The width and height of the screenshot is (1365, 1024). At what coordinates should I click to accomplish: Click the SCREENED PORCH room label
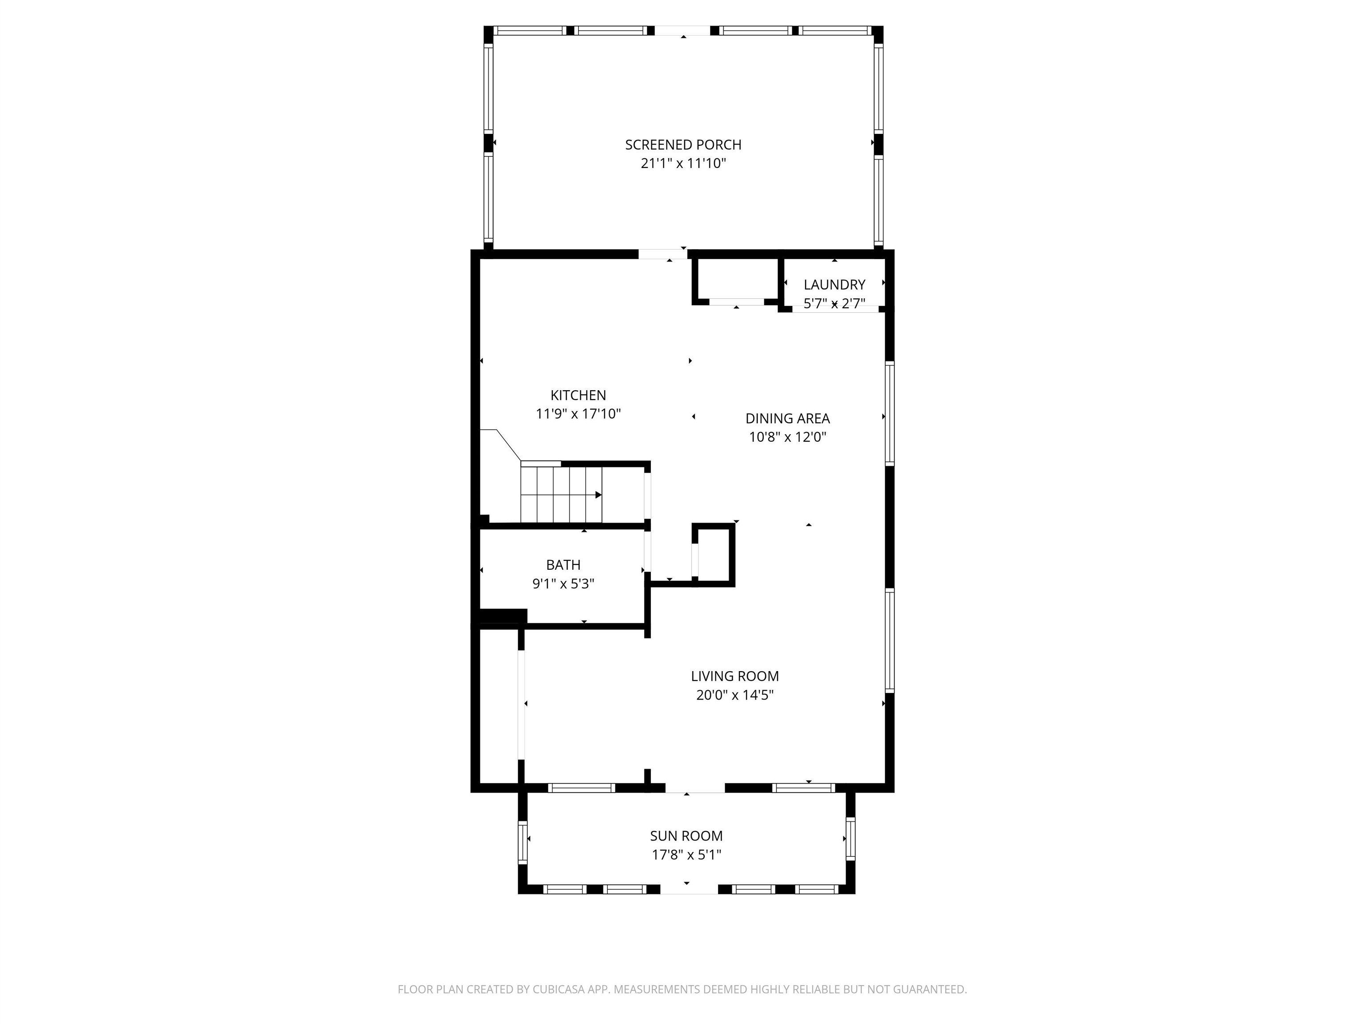(x=682, y=144)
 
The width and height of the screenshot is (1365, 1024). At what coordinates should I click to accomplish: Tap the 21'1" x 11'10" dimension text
(x=682, y=164)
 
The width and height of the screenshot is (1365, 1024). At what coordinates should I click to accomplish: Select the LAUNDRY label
(x=834, y=284)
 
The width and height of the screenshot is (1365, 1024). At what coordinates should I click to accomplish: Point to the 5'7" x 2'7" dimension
(x=834, y=304)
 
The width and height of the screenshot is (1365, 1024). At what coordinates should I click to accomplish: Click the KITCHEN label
(x=578, y=395)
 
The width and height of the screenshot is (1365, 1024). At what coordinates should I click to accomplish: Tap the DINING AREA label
(x=787, y=419)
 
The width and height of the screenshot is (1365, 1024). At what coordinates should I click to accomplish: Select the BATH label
(x=563, y=565)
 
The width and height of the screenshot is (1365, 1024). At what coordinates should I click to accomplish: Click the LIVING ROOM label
(x=734, y=676)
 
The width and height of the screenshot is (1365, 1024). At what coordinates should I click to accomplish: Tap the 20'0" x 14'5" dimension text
(x=734, y=695)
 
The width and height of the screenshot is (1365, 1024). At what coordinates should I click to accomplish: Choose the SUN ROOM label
(x=686, y=836)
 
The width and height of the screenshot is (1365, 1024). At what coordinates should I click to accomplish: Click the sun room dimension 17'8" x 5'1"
(x=686, y=855)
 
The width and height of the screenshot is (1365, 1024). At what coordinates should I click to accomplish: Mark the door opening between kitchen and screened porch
(x=662, y=254)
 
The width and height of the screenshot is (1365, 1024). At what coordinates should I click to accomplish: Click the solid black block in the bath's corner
(x=502, y=616)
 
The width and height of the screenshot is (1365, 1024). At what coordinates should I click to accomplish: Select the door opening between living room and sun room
(x=694, y=788)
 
